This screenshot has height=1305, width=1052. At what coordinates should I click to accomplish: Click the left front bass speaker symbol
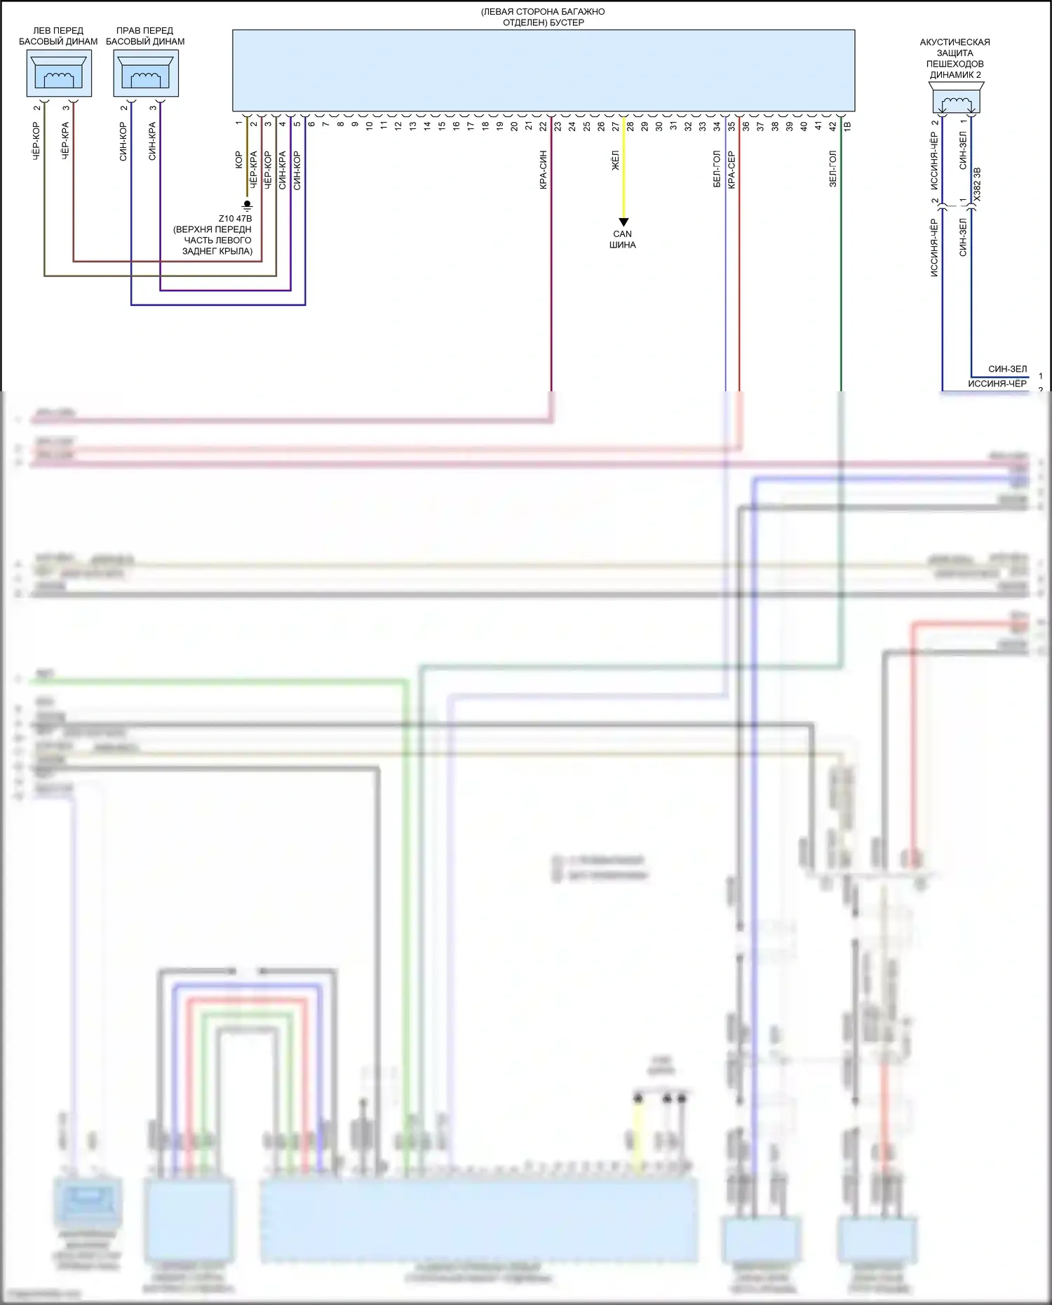click(59, 74)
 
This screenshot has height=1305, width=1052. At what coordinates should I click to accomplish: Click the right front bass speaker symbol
click(146, 74)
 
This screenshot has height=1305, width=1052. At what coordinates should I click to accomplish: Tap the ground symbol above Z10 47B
click(247, 205)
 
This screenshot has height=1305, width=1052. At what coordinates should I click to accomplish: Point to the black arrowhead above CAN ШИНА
click(623, 222)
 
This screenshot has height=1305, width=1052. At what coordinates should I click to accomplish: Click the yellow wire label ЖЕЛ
click(615, 161)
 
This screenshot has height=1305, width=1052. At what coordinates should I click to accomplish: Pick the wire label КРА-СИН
click(543, 170)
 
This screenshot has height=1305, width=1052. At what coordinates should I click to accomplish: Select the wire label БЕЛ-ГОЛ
click(717, 169)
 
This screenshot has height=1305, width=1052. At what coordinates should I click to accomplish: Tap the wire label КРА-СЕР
click(731, 170)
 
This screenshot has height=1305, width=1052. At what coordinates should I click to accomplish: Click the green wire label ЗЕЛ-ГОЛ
click(832, 168)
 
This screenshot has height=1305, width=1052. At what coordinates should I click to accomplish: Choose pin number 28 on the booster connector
click(630, 126)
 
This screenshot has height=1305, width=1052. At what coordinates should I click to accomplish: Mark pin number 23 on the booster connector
click(558, 126)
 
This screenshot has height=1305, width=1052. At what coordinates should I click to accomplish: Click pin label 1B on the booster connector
click(847, 126)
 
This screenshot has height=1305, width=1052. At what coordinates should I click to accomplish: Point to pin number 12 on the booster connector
click(398, 126)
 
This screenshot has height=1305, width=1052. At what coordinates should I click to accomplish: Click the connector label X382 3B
click(977, 184)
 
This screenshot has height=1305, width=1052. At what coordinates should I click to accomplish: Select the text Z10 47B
click(235, 219)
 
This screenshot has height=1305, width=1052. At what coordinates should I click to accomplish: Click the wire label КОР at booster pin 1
click(238, 160)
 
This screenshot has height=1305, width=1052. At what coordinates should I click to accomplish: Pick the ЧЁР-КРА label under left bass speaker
click(65, 142)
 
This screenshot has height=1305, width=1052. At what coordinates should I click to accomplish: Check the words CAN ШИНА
click(623, 240)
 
